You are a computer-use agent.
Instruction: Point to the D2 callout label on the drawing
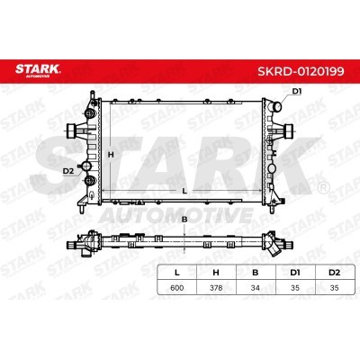click(67, 169)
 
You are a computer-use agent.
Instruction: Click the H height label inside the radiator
click(111, 155)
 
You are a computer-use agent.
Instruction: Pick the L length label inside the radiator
click(184, 192)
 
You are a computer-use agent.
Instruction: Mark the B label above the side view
click(184, 219)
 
